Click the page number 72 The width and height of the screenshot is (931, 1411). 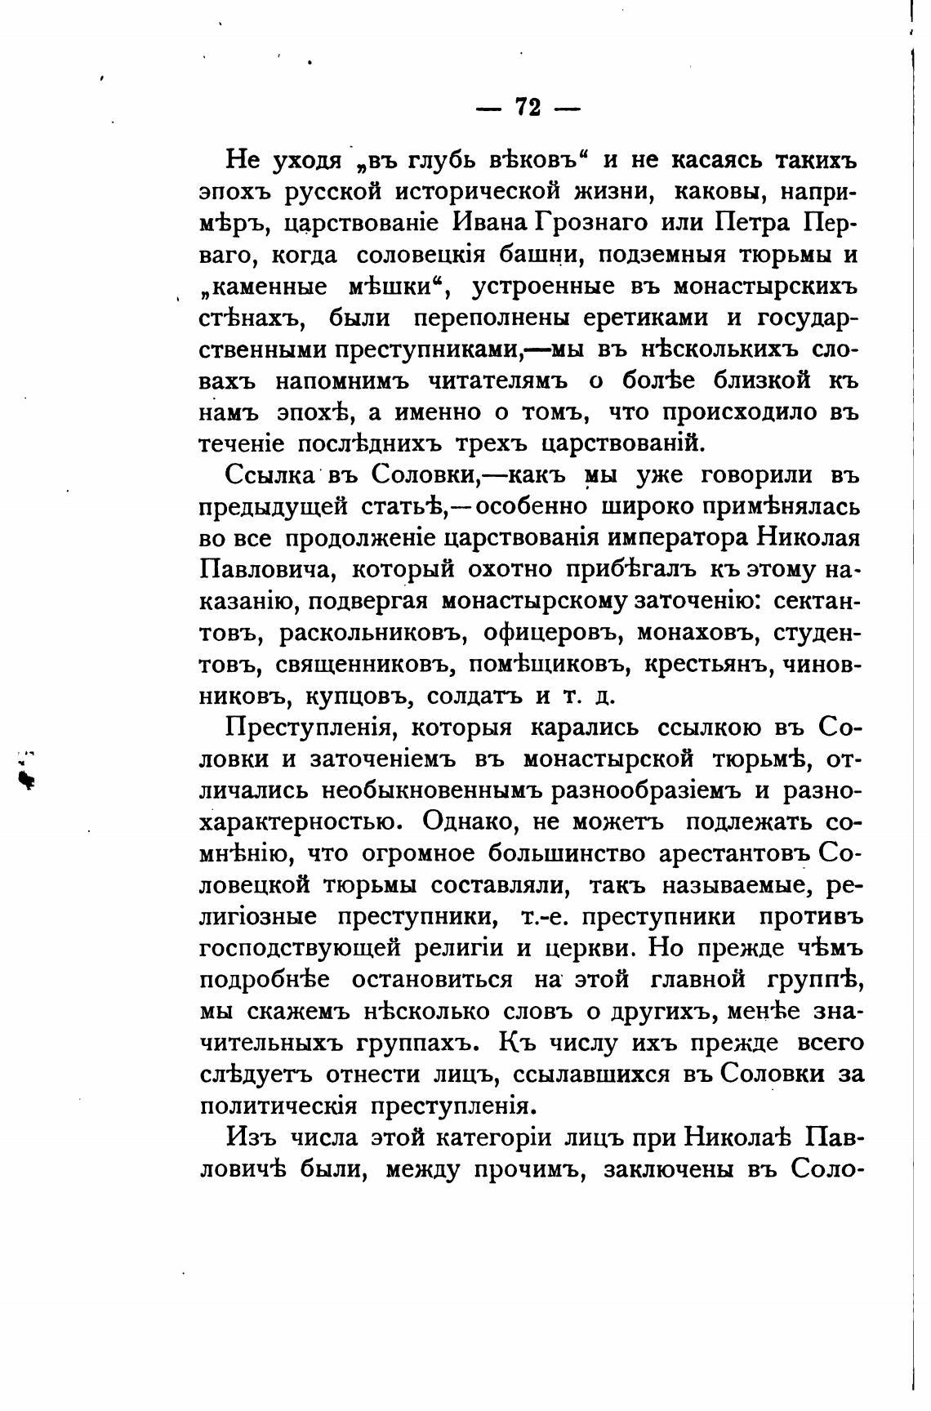[x=528, y=108]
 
